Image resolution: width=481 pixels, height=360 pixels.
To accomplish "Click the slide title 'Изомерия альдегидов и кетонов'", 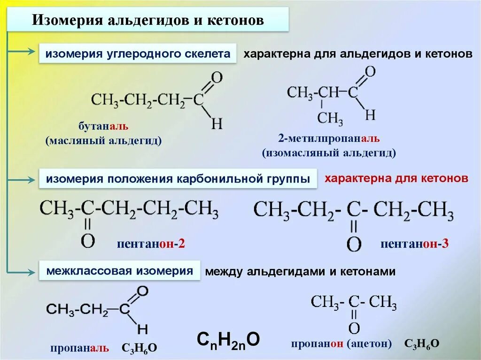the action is (147, 21).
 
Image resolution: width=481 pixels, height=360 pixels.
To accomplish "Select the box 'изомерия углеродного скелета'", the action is (138, 54).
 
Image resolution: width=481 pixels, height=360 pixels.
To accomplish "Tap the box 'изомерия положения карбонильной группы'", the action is (178, 179).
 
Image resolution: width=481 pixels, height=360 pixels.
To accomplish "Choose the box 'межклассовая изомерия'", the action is (119, 271).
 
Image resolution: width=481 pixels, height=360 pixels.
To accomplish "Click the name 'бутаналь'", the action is (103, 127).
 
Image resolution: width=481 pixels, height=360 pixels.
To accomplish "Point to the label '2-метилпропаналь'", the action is (328, 138).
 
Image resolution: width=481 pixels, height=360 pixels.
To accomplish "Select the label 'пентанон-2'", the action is (151, 244).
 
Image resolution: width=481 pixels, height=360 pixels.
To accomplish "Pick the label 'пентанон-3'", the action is (414, 244).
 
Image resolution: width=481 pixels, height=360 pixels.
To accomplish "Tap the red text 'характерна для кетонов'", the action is (396, 179).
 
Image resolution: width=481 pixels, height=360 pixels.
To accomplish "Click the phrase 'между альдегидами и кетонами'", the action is (301, 271).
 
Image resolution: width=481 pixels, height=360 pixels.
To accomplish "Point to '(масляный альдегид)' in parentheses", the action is (103, 140).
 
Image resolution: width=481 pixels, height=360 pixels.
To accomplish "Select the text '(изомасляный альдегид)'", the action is (329, 153).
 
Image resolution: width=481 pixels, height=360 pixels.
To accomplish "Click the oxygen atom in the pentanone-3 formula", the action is (354, 244).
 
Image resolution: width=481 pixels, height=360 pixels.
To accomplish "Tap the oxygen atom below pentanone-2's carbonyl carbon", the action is (88, 240).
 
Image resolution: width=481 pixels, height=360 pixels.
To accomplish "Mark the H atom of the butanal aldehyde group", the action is (217, 124).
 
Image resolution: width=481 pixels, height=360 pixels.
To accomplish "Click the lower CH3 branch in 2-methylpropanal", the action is (330, 118).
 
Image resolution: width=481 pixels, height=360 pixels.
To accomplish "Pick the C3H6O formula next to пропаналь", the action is (140, 348).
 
